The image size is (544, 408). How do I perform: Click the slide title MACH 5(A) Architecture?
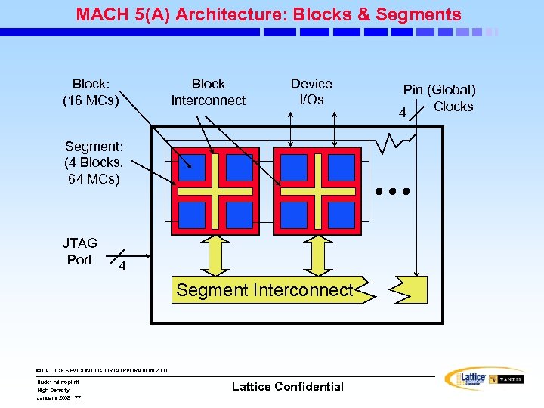pyautogui.click(x=268, y=14)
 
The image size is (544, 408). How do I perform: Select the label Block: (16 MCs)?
pyautogui.click(x=91, y=92)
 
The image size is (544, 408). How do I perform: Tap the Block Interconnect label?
pyautogui.click(x=208, y=92)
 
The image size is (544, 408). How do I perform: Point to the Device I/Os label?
pyautogui.click(x=311, y=91)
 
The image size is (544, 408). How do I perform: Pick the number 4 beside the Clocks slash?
pyautogui.click(x=403, y=113)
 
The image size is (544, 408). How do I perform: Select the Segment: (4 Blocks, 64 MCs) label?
pyautogui.click(x=93, y=162)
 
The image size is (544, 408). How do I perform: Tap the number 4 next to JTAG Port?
pyautogui.click(x=122, y=267)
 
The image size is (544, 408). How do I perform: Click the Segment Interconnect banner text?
pyautogui.click(x=264, y=290)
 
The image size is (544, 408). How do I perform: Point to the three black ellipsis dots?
pyautogui.click(x=392, y=191)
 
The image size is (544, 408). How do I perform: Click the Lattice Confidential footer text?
pyautogui.click(x=287, y=387)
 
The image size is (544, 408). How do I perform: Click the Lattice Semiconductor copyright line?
pyautogui.click(x=101, y=370)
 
